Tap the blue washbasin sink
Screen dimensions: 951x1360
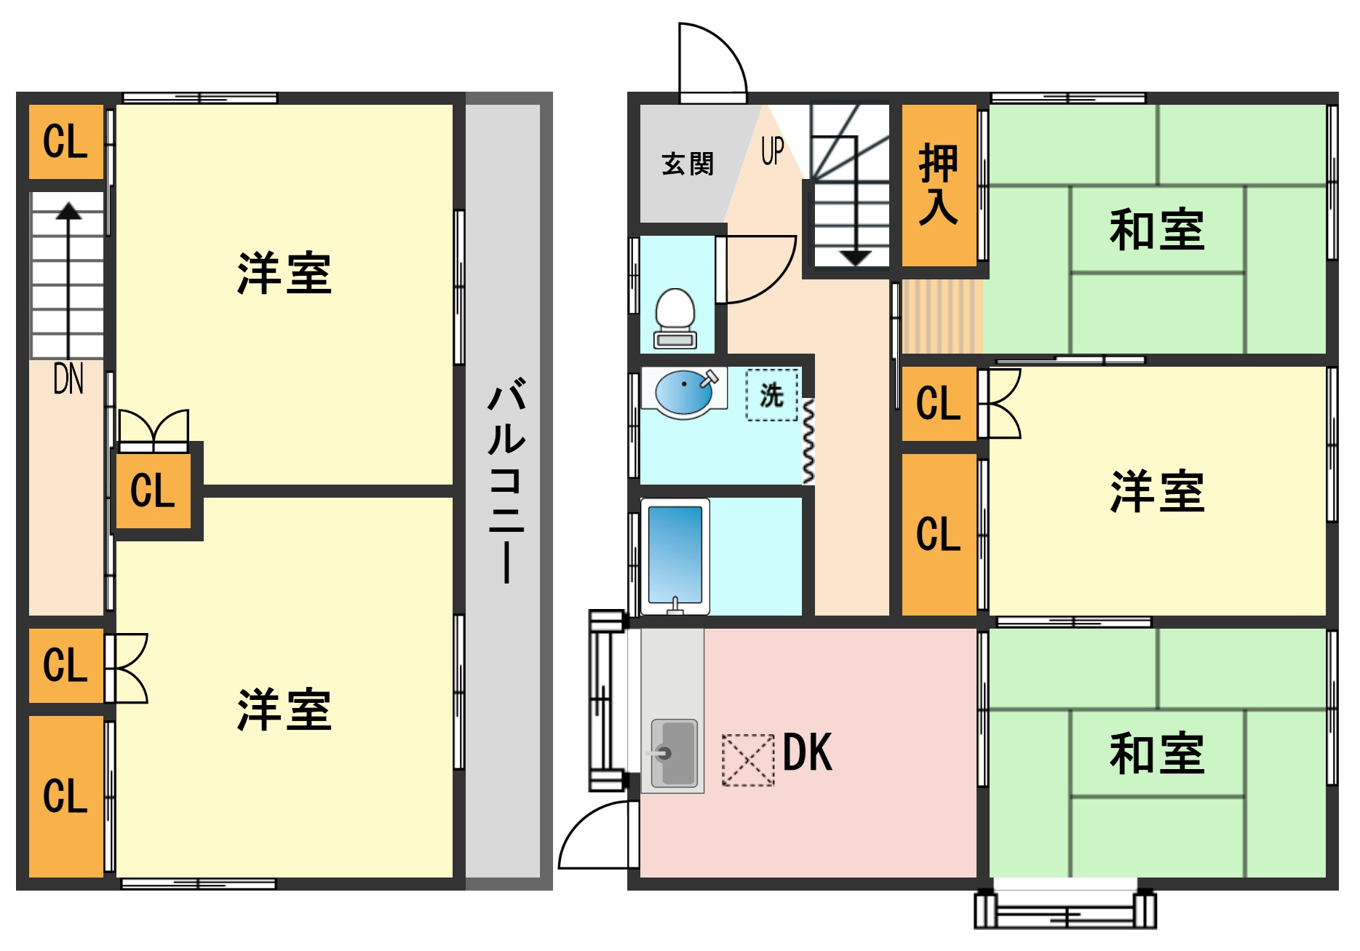[x=684, y=393]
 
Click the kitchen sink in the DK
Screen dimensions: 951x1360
[x=674, y=753]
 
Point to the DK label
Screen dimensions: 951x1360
[x=808, y=752]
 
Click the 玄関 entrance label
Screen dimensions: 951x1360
[x=688, y=164]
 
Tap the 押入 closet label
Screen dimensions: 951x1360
[x=939, y=184]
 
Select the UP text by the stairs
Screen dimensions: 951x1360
[x=773, y=151]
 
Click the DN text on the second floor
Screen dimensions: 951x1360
[x=68, y=378]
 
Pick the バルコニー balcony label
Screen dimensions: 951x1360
[x=506, y=480]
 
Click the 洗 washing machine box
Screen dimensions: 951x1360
[x=772, y=395]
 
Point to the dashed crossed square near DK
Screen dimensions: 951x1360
[x=748, y=760]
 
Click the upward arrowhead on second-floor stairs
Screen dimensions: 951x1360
[x=69, y=211]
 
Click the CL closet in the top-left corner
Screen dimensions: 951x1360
[x=65, y=142]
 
